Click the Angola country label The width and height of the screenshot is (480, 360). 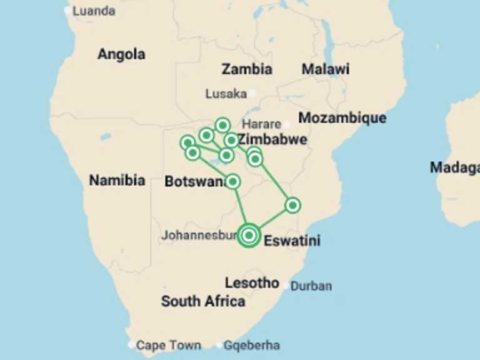121,54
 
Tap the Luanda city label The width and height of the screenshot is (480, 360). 94,11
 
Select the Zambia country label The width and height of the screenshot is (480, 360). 247,69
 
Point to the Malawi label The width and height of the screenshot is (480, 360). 325,69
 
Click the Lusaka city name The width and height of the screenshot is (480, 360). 226,94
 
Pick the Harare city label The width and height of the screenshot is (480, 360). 261,124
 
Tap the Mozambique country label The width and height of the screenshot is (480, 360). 342,117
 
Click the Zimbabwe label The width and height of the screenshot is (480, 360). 272,139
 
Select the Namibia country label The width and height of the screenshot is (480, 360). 117,181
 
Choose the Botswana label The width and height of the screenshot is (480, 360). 194,181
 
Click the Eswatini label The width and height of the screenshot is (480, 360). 292,241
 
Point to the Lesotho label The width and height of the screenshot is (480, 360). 252,283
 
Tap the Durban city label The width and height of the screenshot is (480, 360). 311,286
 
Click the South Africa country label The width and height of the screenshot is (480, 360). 203,301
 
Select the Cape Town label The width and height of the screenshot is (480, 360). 168,345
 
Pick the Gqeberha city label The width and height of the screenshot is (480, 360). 252,345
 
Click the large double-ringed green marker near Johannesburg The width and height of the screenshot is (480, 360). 249,235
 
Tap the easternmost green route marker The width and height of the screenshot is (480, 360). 292,205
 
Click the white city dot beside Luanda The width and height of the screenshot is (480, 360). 67,11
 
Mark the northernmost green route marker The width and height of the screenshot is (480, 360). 222,126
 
